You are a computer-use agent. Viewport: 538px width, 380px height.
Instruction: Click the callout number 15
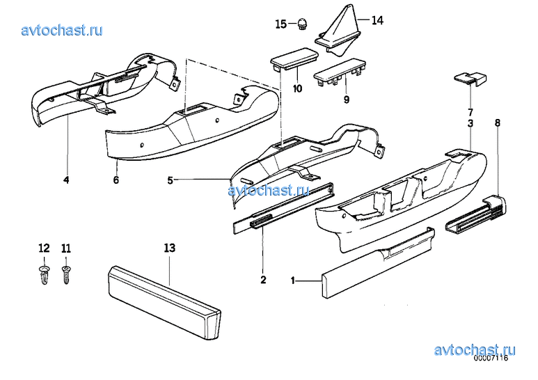tap(280, 24)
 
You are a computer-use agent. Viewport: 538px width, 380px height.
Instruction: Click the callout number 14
tap(377, 20)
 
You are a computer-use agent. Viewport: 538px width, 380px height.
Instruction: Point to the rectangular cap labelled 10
tap(294, 60)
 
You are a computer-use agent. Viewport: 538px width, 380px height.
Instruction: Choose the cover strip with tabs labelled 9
tap(340, 73)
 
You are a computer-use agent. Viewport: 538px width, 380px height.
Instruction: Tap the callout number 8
tap(498, 122)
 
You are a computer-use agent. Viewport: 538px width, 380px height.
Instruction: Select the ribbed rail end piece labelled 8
tap(476, 215)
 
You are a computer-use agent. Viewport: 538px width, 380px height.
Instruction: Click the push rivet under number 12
tap(45, 275)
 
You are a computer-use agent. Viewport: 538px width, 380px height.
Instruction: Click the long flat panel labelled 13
tap(164, 302)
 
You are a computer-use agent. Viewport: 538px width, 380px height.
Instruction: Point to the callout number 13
tap(170, 248)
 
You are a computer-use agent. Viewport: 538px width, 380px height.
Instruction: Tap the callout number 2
tap(263, 280)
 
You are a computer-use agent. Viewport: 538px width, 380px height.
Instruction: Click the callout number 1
tap(293, 281)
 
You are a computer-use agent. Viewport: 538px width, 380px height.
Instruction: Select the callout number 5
tap(171, 180)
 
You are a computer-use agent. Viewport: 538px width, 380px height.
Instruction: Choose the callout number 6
tap(116, 180)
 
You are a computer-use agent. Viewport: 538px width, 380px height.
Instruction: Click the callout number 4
tap(66, 180)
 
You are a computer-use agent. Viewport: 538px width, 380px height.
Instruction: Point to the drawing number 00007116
tap(491, 358)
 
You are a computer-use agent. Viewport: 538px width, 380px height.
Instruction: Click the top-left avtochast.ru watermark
tap(62, 30)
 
